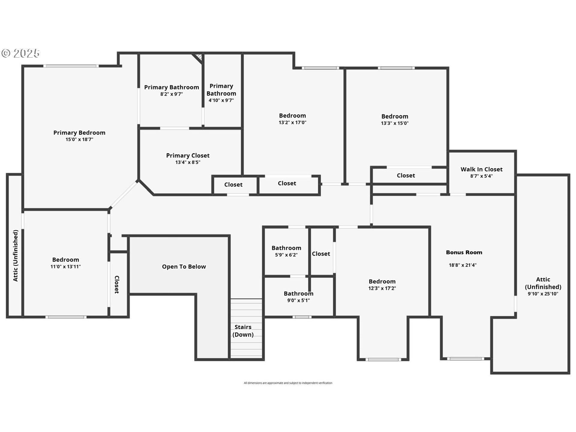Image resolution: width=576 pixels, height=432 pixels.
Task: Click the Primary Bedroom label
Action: tap(79, 133)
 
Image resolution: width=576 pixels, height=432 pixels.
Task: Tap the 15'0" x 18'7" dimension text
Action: tap(79, 139)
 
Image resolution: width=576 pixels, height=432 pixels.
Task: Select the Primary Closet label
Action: tap(188, 155)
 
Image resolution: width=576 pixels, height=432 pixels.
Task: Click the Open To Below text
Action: tap(184, 267)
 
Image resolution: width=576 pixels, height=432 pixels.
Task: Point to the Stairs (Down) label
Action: tap(243, 331)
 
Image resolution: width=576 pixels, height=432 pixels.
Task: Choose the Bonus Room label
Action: tap(464, 252)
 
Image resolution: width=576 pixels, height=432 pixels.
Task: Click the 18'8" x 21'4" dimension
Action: tap(462, 265)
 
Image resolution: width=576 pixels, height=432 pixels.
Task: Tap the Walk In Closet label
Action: tap(481, 169)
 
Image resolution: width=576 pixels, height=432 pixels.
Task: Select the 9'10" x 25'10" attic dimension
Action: tap(543, 294)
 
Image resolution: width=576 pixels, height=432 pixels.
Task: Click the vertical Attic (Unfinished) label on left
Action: tap(16, 256)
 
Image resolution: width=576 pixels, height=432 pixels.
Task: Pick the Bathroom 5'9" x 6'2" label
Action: tap(286, 248)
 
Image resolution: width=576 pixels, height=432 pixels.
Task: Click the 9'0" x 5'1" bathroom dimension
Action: tap(298, 301)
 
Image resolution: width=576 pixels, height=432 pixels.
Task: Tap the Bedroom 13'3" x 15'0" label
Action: tap(394, 116)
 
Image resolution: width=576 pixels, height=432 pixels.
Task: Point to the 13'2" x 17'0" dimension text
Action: tap(292, 122)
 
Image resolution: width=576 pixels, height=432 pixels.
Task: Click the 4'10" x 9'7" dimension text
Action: tap(221, 100)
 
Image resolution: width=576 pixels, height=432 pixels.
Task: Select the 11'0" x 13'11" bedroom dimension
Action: tap(65, 267)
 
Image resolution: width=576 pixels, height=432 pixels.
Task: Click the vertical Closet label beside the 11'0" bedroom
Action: tap(117, 284)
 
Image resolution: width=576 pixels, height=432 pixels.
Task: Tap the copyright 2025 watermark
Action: tap(20, 53)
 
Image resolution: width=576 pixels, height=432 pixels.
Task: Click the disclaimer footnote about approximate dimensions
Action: tap(288, 383)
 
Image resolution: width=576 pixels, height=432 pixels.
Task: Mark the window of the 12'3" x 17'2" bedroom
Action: tap(383, 359)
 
